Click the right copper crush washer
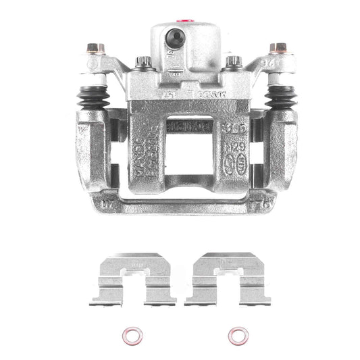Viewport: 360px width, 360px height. (237, 335)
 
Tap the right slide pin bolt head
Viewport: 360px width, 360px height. (277, 49)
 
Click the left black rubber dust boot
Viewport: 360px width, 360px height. (93, 97)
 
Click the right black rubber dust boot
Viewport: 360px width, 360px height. (279, 97)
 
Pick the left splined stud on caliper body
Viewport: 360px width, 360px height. (143, 63)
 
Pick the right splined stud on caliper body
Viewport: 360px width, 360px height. (233, 62)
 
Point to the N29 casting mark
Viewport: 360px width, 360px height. (234, 147)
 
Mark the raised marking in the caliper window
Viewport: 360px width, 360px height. (188, 126)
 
